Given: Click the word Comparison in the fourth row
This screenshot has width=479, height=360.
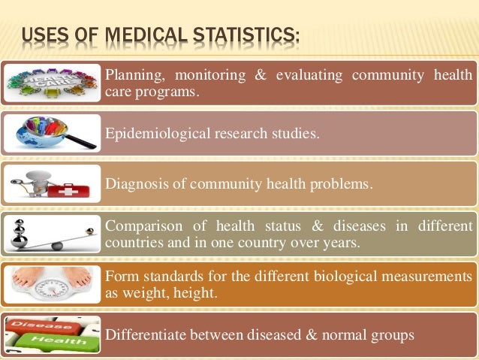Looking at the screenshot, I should pyautogui.click(x=143, y=225).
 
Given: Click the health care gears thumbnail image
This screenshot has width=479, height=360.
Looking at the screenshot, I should pyautogui.click(x=51, y=82).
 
